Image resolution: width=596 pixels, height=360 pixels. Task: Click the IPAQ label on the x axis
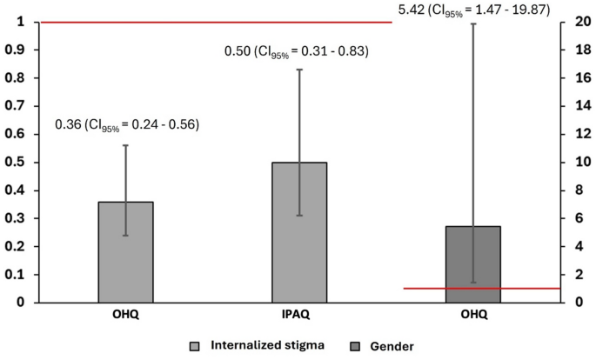pyautogui.click(x=300, y=315)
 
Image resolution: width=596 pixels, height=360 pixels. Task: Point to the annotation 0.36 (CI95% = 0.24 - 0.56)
pyautogui.click(x=127, y=125)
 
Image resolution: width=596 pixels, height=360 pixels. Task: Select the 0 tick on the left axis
pyautogui.click(x=27, y=303)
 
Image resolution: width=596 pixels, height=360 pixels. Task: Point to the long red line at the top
pyautogui.click(x=218, y=23)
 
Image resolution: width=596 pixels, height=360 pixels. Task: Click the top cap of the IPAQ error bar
pyautogui.click(x=300, y=70)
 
